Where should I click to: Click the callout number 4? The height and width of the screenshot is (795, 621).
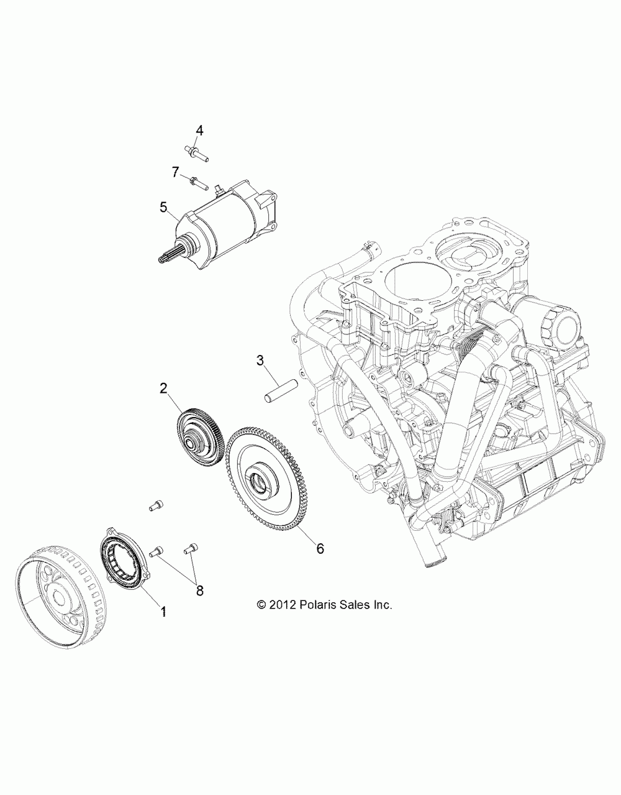pyautogui.click(x=182, y=130)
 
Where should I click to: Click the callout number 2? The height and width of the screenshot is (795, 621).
pyautogui.click(x=163, y=389)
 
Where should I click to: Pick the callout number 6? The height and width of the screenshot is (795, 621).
pyautogui.click(x=320, y=548)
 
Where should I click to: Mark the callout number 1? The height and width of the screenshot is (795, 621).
pyautogui.click(x=163, y=612)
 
